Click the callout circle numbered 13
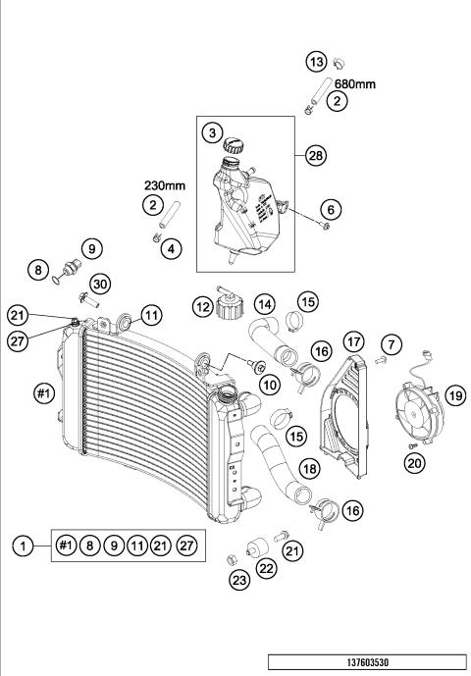(317, 62)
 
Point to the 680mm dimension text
(355, 84)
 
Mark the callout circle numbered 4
(173, 249)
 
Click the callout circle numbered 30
(102, 282)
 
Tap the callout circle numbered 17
(353, 340)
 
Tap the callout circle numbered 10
(265, 385)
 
